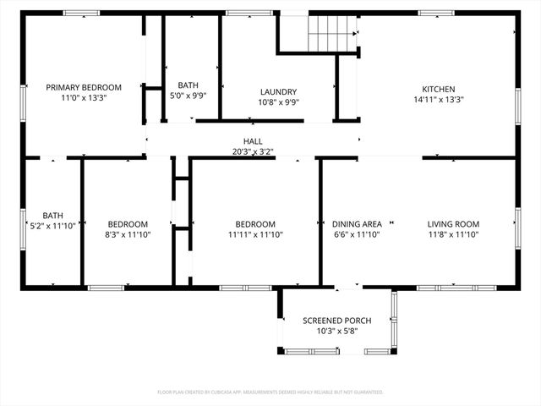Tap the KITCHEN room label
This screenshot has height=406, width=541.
point(439,89)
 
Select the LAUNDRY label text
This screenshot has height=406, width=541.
point(278,92)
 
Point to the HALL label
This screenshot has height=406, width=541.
point(253,141)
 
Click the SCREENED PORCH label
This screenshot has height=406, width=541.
point(336,321)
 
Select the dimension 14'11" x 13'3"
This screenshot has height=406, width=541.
point(439,99)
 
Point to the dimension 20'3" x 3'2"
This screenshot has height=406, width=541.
point(253,152)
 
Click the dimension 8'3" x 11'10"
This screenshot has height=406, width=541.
point(128,234)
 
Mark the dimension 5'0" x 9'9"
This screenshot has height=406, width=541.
point(189,96)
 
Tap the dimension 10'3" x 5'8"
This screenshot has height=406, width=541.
point(336,331)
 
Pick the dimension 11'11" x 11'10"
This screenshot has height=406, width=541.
point(254,234)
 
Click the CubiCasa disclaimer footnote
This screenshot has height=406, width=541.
point(270,392)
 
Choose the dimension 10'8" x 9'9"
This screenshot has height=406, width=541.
point(278,102)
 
